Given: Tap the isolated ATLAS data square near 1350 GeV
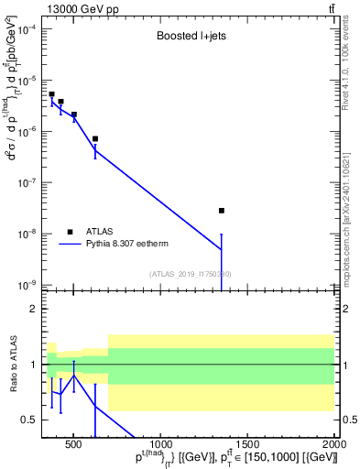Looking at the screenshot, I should pos(222,211).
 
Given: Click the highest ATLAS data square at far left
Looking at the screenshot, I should pos(52,94).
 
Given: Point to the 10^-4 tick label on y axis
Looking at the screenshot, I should pos(27,28).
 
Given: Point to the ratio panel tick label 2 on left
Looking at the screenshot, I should pos(33,309).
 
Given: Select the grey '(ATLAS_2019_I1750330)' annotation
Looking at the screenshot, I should pos(190,273).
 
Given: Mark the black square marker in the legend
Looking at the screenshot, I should pos(70,231).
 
